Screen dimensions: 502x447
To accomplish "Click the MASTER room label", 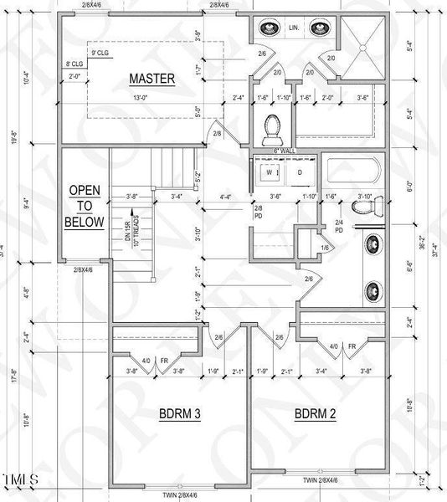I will (x=152, y=79).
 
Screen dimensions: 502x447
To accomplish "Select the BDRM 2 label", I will (x=315, y=413).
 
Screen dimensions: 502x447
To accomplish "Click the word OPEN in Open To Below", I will (x=85, y=191).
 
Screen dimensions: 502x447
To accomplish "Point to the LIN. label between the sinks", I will (x=295, y=28).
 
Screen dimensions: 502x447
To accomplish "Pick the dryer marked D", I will (x=299, y=173).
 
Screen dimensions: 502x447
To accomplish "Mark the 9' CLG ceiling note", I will (x=99, y=52).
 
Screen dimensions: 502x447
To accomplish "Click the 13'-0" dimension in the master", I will (x=152, y=98).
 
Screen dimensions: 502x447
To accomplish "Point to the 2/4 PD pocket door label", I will (x=339, y=225).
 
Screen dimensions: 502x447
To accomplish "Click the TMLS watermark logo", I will (x=20, y=479).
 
